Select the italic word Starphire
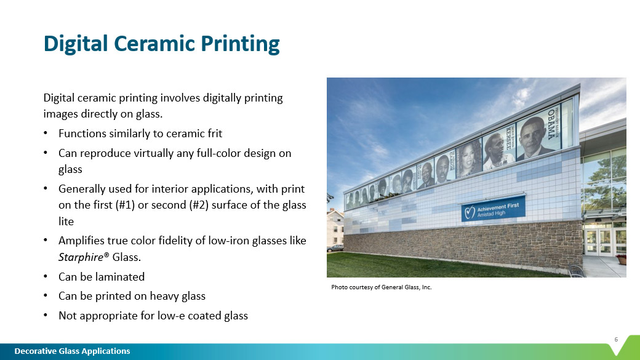click(81, 257)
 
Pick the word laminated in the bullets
click(121, 277)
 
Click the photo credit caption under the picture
click(381, 287)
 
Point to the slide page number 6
click(616, 340)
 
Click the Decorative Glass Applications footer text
click(72, 351)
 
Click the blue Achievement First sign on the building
click(493, 209)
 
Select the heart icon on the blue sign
click(470, 212)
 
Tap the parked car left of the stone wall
click(335, 248)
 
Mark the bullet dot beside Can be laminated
click(46, 277)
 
